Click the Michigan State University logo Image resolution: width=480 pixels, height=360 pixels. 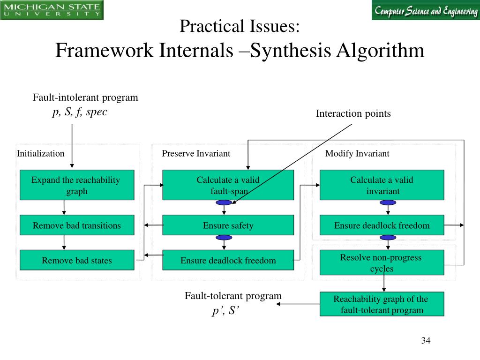[x=52, y=10]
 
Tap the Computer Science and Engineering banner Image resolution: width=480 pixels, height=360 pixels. [x=425, y=10]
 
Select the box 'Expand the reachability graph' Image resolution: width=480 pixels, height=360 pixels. [x=77, y=185]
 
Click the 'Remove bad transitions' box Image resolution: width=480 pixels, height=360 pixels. [x=77, y=225]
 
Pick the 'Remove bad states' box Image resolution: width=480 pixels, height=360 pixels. [x=77, y=260]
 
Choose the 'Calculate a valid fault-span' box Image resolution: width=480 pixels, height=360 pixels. [x=228, y=185]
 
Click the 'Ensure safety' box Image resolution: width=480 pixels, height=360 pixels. [x=228, y=225]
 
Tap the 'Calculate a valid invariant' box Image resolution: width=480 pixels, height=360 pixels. [x=382, y=185]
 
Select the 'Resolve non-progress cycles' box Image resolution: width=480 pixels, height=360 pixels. [x=382, y=262]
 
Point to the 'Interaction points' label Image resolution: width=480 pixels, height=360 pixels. [x=353, y=114]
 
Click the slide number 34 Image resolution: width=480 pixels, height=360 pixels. [x=426, y=340]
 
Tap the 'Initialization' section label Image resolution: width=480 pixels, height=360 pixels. [x=41, y=154]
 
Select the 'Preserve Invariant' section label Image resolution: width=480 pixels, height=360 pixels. [x=196, y=154]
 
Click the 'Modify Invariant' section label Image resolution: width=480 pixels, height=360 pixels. [x=357, y=154]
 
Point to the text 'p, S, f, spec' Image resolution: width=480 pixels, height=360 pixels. [x=80, y=112]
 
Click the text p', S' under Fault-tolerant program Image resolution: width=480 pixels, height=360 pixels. [x=226, y=311]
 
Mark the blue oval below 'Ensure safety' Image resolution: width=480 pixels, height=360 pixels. [x=224, y=238]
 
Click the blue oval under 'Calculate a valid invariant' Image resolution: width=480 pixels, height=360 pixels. [x=388, y=202]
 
